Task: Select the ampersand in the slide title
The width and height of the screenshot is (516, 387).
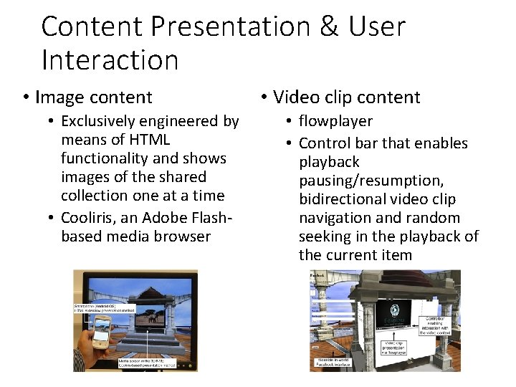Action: pos(329,27)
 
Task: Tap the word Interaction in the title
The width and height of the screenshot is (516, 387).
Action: pos(110,60)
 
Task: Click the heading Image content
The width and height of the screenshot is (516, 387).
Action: pos(93,97)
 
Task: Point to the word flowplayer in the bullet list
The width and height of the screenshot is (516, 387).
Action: pos(335,121)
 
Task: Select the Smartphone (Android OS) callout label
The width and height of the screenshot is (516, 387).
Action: pos(96,307)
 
